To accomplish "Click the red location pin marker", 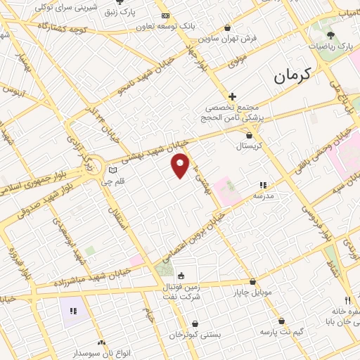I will [x=181, y=165].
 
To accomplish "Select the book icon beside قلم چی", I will [x=112, y=171].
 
